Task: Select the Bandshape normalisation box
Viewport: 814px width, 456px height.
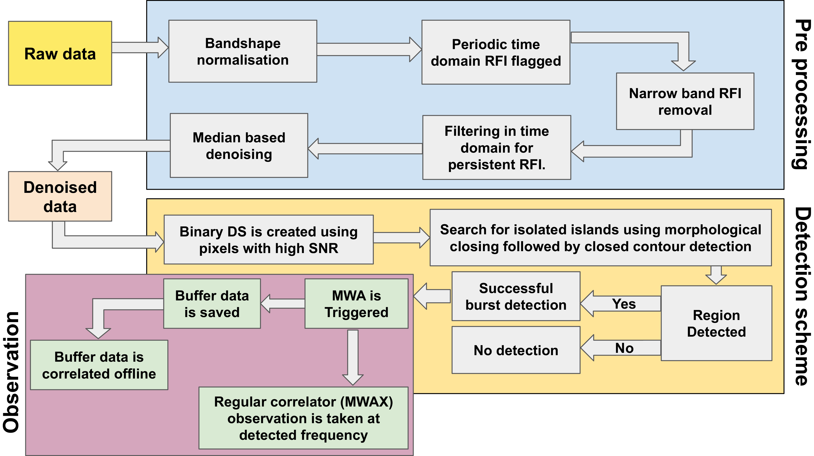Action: point(243,51)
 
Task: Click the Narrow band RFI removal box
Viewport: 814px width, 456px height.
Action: point(685,101)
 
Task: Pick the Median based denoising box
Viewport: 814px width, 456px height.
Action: point(239,145)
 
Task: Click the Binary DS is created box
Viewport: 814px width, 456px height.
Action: point(268,240)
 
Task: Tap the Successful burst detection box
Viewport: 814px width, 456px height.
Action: point(516,296)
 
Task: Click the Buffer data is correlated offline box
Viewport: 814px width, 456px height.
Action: point(99,365)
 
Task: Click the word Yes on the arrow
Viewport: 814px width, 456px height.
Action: point(624,304)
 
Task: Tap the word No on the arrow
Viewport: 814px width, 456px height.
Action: point(624,348)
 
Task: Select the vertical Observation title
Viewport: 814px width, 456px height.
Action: point(11,372)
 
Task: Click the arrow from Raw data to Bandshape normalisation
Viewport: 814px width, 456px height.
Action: point(139,48)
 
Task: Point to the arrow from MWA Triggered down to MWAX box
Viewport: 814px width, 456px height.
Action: point(353,357)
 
